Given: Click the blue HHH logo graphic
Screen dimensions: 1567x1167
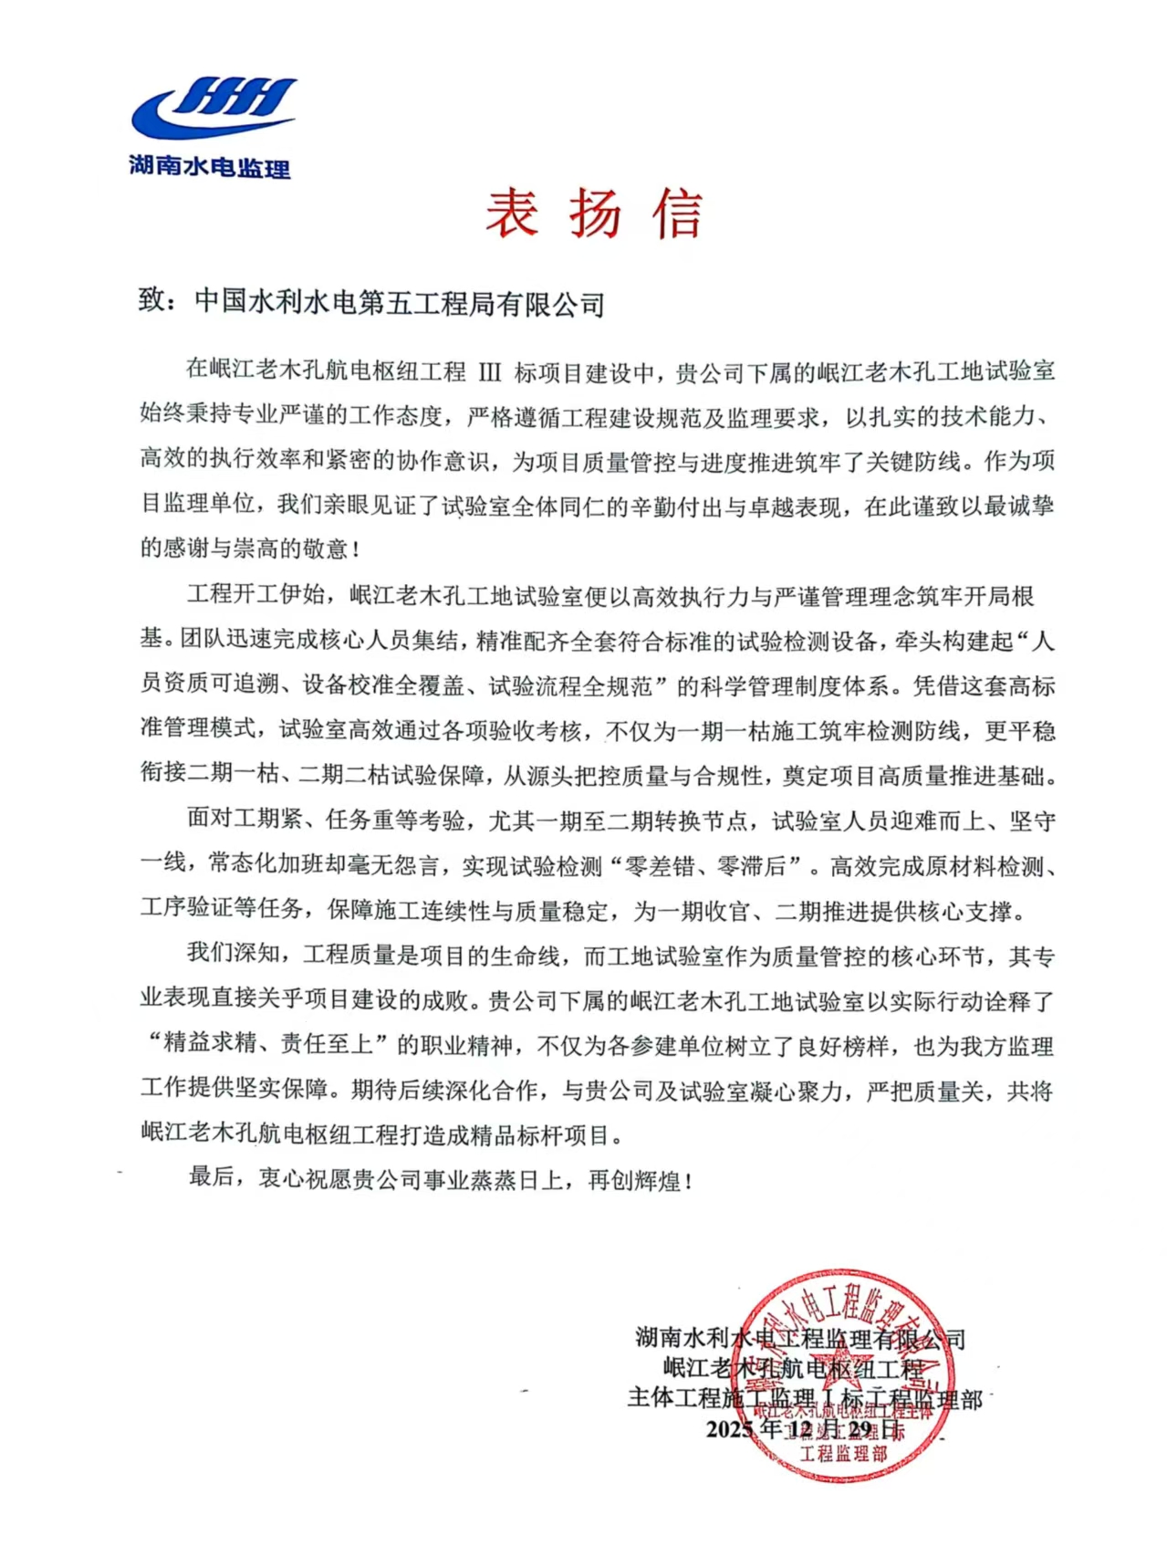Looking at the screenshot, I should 215,107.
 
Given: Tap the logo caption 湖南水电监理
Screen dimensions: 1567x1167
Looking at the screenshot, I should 210,167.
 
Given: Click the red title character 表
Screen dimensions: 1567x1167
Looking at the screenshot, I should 511,214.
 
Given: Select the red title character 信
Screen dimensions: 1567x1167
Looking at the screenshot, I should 677,214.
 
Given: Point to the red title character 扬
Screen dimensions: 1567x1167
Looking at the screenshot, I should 595,214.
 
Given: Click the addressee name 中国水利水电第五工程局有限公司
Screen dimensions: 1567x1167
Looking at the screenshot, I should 400,303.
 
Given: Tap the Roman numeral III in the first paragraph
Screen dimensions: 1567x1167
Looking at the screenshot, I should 490,372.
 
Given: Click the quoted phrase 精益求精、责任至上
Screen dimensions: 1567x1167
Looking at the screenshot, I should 268,1044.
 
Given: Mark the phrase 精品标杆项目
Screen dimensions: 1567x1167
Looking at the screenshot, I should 553,1135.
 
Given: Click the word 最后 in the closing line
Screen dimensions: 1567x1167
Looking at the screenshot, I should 212,1178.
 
